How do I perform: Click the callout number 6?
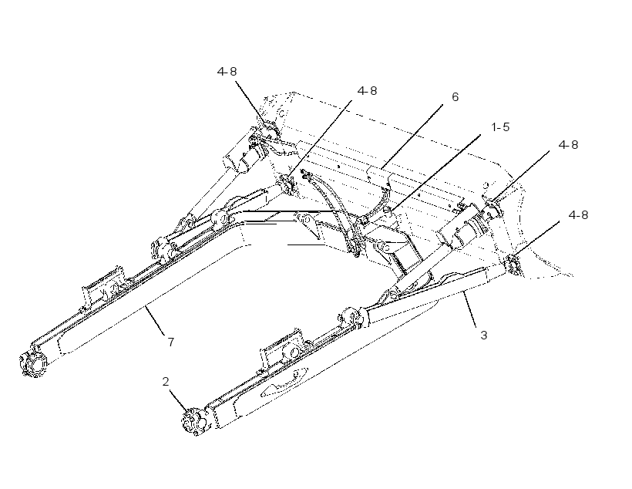point(455,97)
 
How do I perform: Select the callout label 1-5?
point(500,127)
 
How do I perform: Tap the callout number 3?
point(484,336)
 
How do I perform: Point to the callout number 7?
point(171,342)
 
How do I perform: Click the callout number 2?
point(166,382)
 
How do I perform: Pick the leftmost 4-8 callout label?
point(227,72)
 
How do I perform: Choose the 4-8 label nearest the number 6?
point(367,91)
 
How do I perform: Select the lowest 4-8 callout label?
point(578,215)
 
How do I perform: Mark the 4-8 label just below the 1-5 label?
point(568,145)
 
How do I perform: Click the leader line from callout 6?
point(412,136)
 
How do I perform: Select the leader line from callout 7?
point(155,320)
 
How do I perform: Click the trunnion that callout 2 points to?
point(194,423)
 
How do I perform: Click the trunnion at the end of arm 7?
point(33,364)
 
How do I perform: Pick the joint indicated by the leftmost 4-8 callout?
point(269,130)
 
